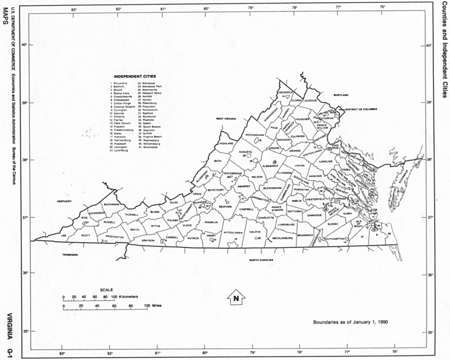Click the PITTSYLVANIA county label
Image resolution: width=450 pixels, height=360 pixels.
click(x=233, y=232)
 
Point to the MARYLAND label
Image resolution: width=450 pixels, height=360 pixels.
click(x=341, y=94)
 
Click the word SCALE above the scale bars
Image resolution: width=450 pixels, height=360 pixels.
click(x=106, y=290)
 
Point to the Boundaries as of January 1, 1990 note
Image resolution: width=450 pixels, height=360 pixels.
click(x=350, y=322)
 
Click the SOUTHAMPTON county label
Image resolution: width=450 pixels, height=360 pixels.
click(x=336, y=238)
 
